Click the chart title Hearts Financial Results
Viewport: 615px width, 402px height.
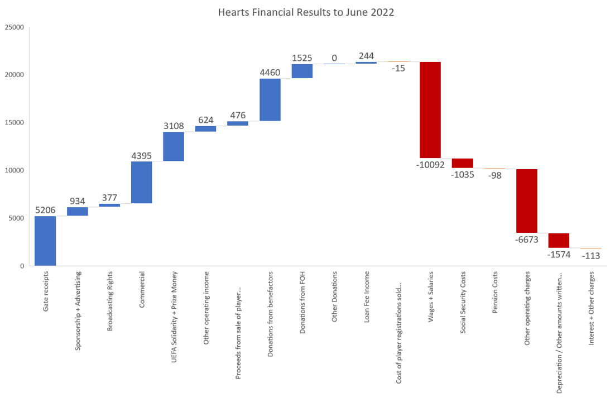[x=306, y=12]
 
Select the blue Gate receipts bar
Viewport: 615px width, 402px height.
[x=45, y=241]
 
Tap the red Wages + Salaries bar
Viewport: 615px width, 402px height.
[x=430, y=110]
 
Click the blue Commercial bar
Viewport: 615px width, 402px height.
[x=142, y=182]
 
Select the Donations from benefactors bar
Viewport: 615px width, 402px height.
[x=270, y=99]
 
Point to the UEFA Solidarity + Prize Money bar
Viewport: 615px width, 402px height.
[x=174, y=146]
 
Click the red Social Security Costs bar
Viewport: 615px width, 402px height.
[x=463, y=163]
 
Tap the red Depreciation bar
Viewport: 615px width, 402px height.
[x=559, y=241]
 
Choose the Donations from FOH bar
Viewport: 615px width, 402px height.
[x=302, y=71]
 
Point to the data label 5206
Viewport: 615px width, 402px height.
[x=45, y=210]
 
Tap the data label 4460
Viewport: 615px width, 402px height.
[x=270, y=72]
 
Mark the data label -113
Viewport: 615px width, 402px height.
[x=591, y=256]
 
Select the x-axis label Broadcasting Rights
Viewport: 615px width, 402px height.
[x=110, y=301]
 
